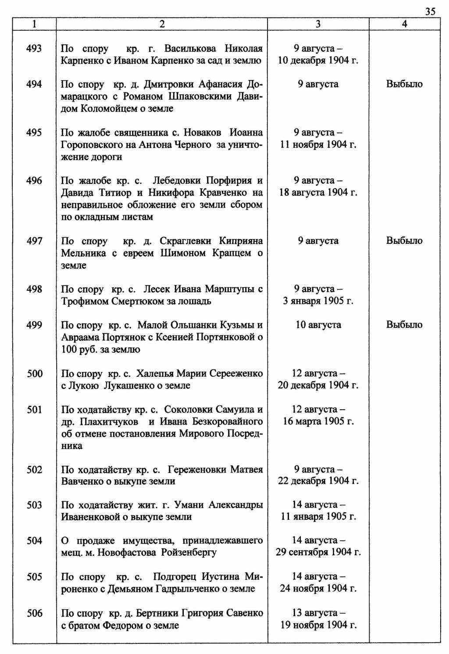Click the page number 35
tap(430, 11)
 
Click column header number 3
tap(318, 25)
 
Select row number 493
tap(34, 48)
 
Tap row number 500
tap(34, 374)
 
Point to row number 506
tap(34, 613)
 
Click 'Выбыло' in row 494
tap(404, 84)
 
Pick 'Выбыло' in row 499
tap(404, 325)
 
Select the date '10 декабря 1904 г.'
tap(318, 61)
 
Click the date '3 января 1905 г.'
tap(318, 301)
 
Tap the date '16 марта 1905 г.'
tap(318, 422)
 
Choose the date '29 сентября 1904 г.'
tap(318, 552)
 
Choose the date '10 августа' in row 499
tap(318, 325)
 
